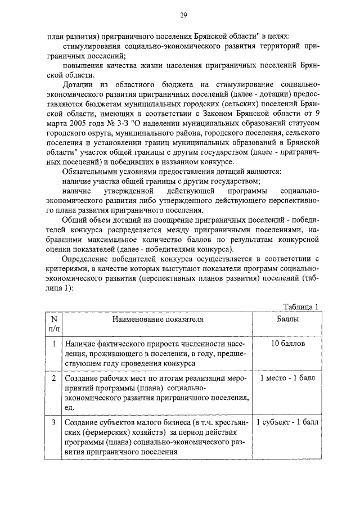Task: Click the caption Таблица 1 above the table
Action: point(301,307)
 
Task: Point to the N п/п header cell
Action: point(55,323)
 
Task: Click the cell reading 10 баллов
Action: point(287,343)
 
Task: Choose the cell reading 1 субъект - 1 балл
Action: point(287,422)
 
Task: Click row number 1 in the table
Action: point(54,343)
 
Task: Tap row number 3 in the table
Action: point(54,422)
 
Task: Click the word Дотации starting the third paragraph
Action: point(79,84)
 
